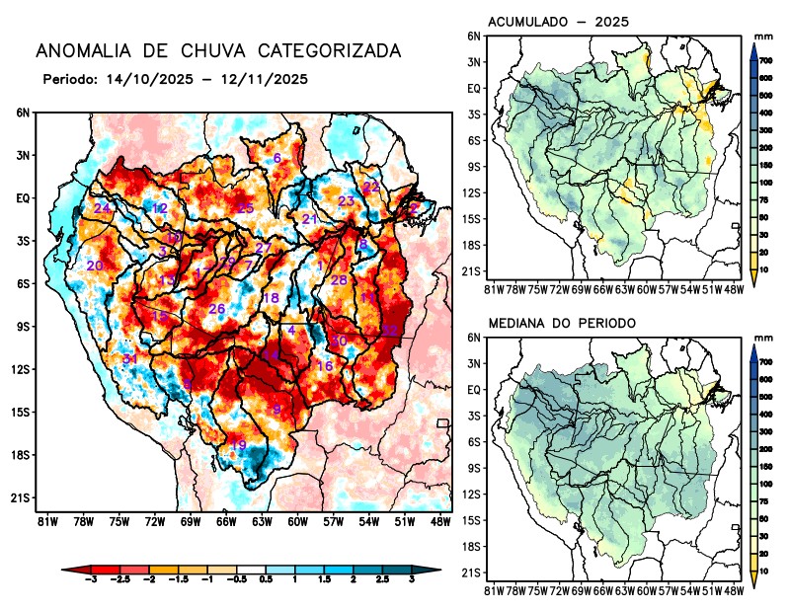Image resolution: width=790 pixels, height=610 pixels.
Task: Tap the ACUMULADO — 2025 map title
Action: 559,22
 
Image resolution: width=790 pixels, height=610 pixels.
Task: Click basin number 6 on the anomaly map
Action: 277,159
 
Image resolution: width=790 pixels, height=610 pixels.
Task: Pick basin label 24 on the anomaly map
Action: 102,209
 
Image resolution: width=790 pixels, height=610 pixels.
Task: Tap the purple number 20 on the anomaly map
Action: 95,267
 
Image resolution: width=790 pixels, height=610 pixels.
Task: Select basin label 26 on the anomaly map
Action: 217,310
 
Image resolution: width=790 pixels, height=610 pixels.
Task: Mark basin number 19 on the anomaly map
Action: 238,446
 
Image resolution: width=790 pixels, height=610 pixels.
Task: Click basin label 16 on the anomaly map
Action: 324,366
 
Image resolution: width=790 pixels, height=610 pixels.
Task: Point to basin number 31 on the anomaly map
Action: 129,359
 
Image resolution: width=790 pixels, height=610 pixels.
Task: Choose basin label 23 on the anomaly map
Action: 347,201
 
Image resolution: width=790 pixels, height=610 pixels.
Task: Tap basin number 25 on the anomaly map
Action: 246,208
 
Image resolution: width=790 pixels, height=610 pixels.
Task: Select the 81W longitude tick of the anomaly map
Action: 45,521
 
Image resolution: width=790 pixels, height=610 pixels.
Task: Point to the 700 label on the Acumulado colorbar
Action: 765,61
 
